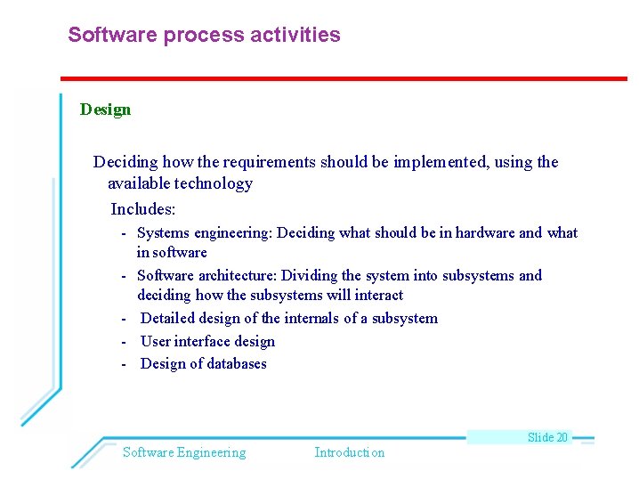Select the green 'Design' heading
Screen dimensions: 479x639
[105, 110]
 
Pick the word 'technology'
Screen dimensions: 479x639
[214, 183]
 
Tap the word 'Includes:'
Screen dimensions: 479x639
[143, 210]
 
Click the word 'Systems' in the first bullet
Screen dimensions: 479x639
[163, 233]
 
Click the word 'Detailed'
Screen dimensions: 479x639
[169, 319]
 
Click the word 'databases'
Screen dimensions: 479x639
[235, 364]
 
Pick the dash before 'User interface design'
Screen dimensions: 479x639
[125, 342]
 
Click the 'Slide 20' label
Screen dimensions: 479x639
[547, 437]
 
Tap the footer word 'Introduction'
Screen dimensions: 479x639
[350, 452]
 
